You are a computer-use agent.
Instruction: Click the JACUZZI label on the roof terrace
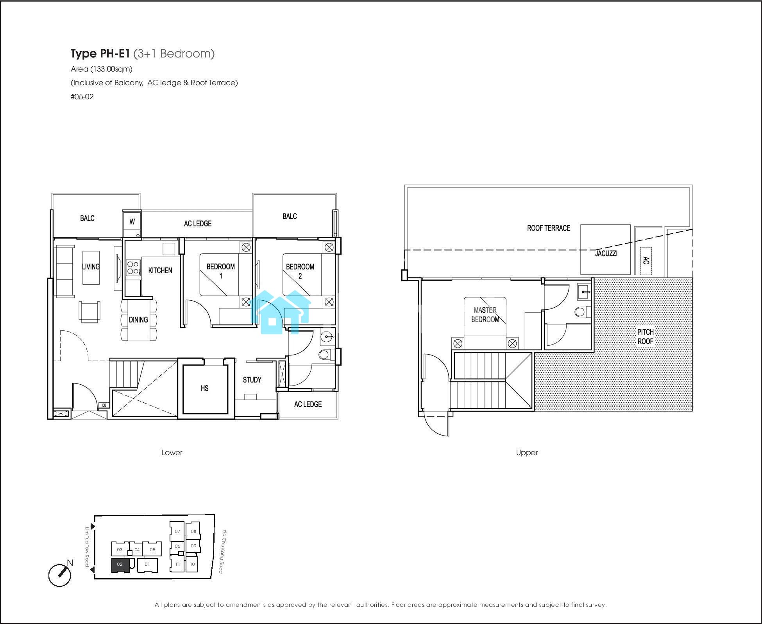click(x=606, y=253)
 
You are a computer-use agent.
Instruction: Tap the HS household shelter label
click(x=204, y=388)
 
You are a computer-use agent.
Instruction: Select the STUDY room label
click(x=252, y=380)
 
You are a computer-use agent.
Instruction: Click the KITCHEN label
click(x=160, y=270)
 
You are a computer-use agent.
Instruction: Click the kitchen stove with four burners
click(x=133, y=268)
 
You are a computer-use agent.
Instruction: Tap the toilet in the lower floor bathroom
click(x=327, y=355)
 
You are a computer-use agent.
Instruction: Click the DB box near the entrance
click(x=104, y=405)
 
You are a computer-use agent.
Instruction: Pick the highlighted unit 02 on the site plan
click(x=120, y=565)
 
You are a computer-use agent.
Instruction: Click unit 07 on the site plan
click(x=177, y=531)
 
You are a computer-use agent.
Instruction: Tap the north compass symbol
click(x=60, y=575)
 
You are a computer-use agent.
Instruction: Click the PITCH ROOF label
click(x=645, y=337)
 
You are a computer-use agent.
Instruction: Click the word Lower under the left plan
click(x=172, y=452)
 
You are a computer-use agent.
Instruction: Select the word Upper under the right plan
click(x=527, y=453)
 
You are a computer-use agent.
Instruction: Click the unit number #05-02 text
click(x=82, y=97)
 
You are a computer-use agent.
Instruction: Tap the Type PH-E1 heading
click(x=100, y=54)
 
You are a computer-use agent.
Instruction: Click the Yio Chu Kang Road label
click(x=223, y=551)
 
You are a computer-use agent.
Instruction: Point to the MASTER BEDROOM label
click(x=485, y=315)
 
